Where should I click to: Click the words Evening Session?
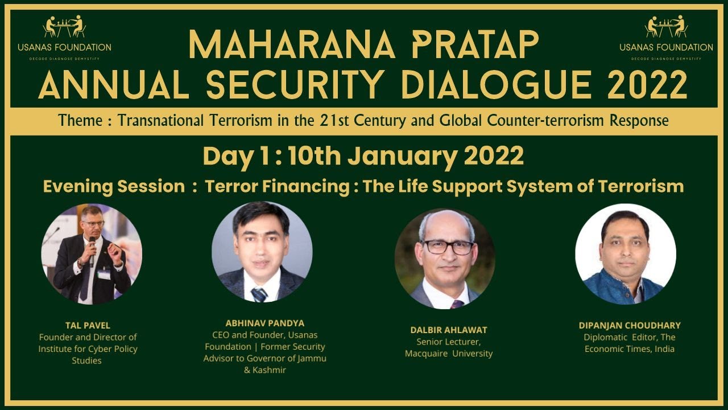point(114,186)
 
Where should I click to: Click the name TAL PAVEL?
point(88,326)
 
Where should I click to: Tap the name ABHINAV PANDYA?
point(264,323)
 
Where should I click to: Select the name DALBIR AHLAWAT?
point(449,330)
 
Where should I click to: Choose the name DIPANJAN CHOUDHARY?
point(630,325)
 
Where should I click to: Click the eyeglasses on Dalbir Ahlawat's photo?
point(448,247)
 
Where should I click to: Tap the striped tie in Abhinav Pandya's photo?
point(259,294)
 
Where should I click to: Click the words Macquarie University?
point(449,354)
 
